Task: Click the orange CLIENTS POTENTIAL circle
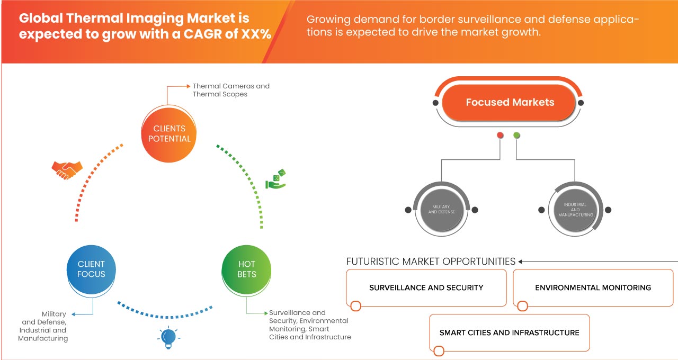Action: point(169,134)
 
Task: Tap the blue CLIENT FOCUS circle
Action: point(91,269)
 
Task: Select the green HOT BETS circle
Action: point(246,269)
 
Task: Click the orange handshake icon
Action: point(67,170)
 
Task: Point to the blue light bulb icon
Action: point(168,338)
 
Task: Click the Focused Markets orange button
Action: point(509,103)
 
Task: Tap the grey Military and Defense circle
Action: point(442,210)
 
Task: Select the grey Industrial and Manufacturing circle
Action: point(575,210)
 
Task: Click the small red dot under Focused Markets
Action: point(500,135)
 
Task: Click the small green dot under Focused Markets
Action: point(516,135)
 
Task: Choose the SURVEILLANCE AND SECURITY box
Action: point(426,287)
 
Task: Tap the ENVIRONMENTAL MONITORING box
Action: point(593,287)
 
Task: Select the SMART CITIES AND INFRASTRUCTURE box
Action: point(510,333)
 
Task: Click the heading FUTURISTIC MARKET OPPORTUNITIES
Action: point(431,262)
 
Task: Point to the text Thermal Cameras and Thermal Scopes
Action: point(231,90)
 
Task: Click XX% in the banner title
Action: point(256,34)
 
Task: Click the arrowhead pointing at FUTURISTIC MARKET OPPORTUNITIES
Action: point(520,262)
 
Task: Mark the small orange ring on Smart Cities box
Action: point(439,351)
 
